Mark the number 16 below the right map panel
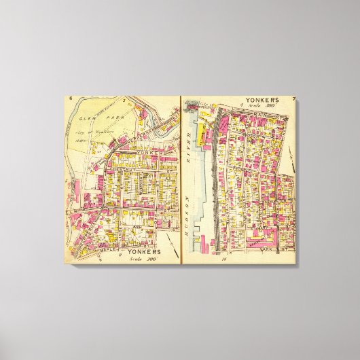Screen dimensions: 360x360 click(x=221, y=259)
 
